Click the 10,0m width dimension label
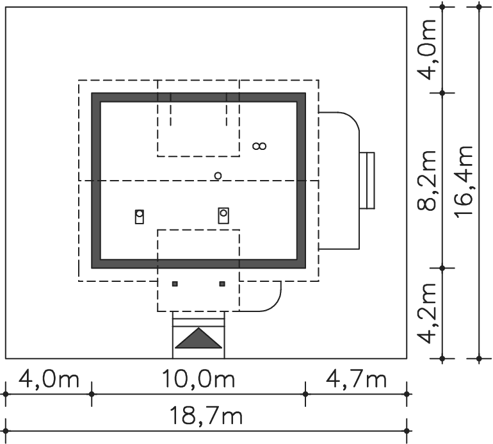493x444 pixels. click(198, 379)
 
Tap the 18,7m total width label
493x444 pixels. click(206, 415)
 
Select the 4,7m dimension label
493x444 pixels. click(356, 379)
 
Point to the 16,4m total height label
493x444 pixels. click(464, 181)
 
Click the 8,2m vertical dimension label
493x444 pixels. click(426, 180)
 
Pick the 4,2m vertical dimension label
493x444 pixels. click(426, 313)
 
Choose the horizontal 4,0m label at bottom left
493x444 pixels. click(49, 379)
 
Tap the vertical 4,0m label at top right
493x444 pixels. click(426, 50)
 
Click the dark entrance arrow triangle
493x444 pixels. click(198, 338)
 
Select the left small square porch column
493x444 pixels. click(175, 284)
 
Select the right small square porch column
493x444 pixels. click(222, 284)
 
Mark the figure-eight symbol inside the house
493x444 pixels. click(260, 146)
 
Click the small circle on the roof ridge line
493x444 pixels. click(218, 176)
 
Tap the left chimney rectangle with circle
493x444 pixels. click(140, 217)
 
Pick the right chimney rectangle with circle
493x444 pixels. click(223, 215)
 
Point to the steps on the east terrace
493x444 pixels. click(367, 180)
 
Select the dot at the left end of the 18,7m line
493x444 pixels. click(6, 431)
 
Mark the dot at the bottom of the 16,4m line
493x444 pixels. click(479, 358)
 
